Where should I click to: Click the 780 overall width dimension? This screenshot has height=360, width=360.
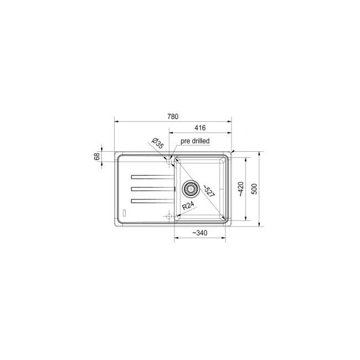click(172, 116)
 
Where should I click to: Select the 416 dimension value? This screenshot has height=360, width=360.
click(200, 128)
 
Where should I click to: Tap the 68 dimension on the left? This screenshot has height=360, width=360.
click(97, 157)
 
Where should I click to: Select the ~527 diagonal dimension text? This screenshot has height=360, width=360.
click(208, 191)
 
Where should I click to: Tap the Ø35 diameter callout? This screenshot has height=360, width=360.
click(157, 144)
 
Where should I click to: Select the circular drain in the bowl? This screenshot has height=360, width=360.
click(190, 189)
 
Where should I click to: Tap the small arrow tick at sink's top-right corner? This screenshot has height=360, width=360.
click(234, 151)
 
